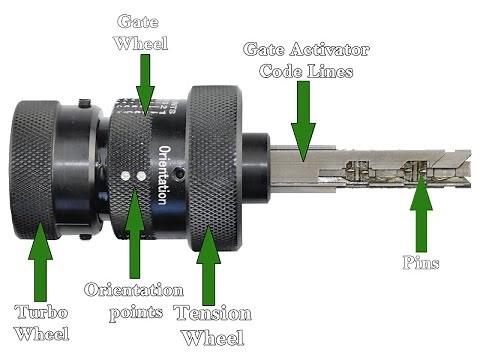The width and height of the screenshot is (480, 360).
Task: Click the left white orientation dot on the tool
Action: (x=126, y=174)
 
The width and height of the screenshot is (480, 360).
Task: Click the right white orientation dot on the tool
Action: (x=141, y=174)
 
